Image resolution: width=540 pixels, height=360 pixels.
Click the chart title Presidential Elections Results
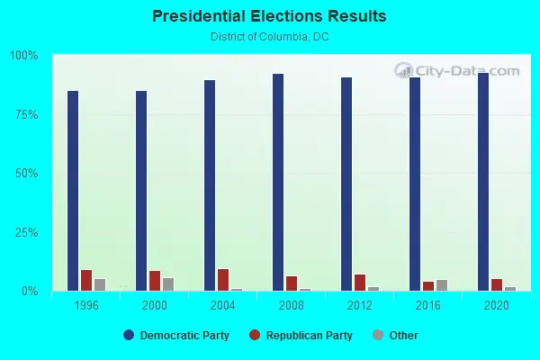(269, 16)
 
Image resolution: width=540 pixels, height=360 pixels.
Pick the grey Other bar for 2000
(168, 284)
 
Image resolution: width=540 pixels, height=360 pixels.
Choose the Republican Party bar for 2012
(360, 283)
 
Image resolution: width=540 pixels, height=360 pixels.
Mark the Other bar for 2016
(442, 285)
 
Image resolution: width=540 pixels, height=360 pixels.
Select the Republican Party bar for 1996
(86, 281)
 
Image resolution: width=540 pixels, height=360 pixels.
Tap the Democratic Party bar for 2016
(415, 184)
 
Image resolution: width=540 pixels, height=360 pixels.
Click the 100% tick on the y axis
(24, 56)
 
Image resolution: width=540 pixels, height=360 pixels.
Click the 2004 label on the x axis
(223, 306)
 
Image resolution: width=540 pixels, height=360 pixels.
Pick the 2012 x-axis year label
(360, 306)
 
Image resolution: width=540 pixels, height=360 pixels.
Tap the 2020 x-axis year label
(497, 306)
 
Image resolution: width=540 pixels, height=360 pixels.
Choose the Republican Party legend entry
(307, 336)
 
